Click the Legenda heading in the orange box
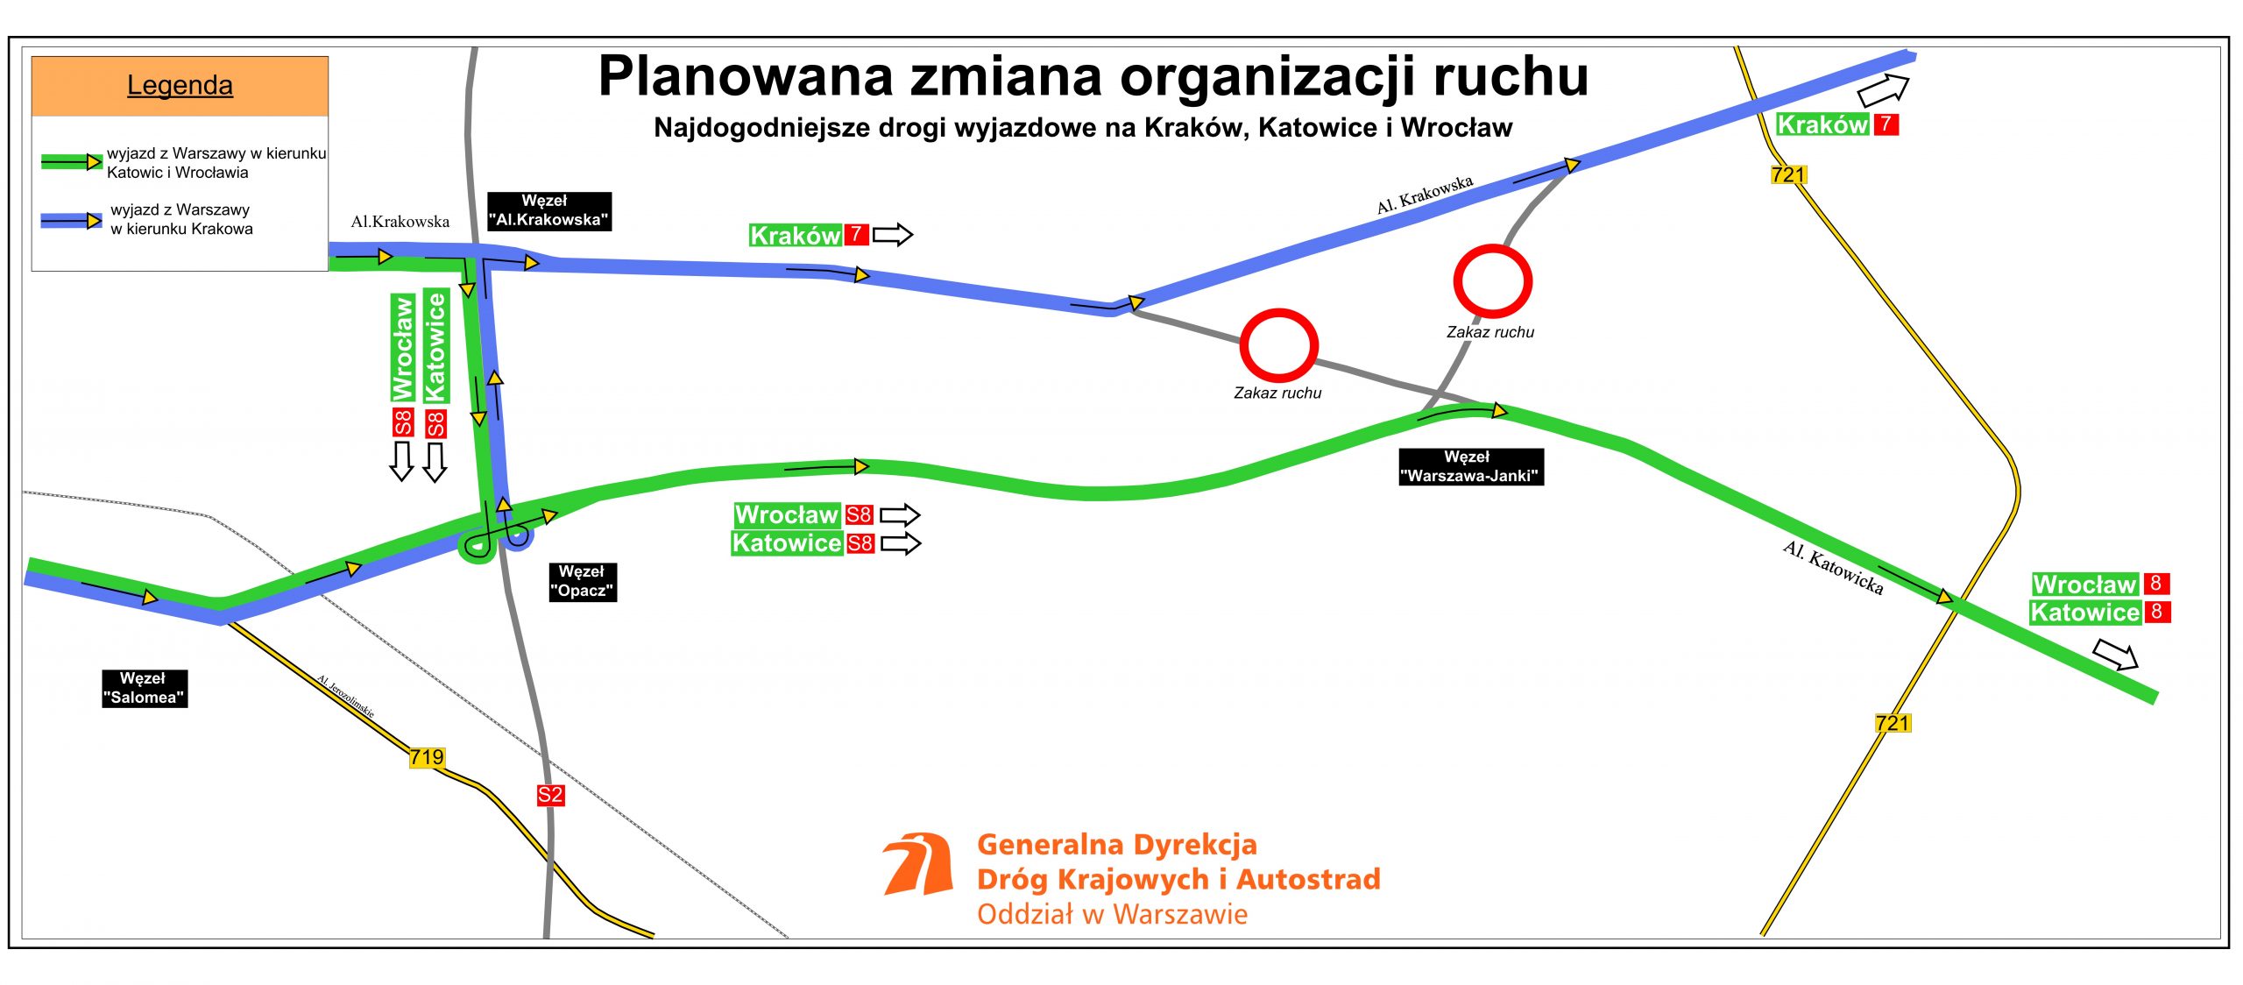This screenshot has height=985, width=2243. click(180, 85)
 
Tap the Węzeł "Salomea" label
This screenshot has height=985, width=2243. click(145, 688)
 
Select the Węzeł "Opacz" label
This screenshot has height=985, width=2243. click(583, 582)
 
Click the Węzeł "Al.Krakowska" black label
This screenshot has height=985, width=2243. click(548, 210)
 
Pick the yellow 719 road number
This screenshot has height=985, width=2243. click(427, 757)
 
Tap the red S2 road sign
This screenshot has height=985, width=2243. click(550, 795)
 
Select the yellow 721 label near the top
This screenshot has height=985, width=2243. click(1788, 174)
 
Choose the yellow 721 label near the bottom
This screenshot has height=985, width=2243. click(1893, 723)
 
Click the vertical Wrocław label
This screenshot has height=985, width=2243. click(402, 348)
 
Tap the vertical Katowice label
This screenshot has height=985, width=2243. click(435, 346)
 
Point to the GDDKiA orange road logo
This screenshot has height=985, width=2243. click(918, 864)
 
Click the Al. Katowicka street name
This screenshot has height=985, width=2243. click(1833, 568)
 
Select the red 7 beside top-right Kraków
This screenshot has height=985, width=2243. click(1886, 124)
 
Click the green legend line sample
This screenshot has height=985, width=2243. click(72, 161)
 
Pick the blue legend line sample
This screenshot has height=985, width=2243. click(71, 221)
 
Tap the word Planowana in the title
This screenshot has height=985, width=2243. click(746, 76)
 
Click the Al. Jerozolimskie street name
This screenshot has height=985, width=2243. click(345, 697)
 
